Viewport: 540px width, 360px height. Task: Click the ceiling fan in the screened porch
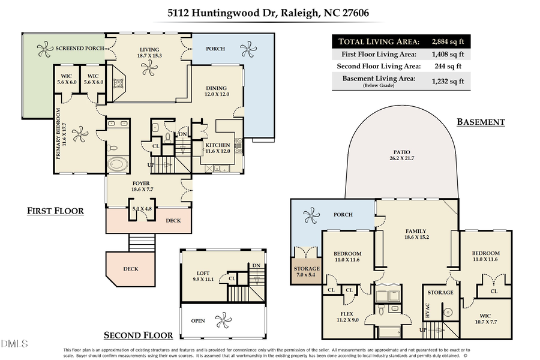pyautogui.click(x=44, y=48)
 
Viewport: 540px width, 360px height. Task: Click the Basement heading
pyautogui.click(x=481, y=122)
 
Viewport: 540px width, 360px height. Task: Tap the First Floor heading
pyautogui.click(x=55, y=211)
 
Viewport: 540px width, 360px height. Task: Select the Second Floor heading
pyautogui.click(x=139, y=335)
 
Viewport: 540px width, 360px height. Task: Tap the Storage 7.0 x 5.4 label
pyautogui.click(x=306, y=272)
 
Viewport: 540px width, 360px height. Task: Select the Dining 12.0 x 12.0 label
pyautogui.click(x=217, y=91)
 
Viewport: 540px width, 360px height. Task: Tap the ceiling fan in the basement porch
pyautogui.click(x=311, y=214)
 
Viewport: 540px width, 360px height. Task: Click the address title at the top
pyautogui.click(x=269, y=13)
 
